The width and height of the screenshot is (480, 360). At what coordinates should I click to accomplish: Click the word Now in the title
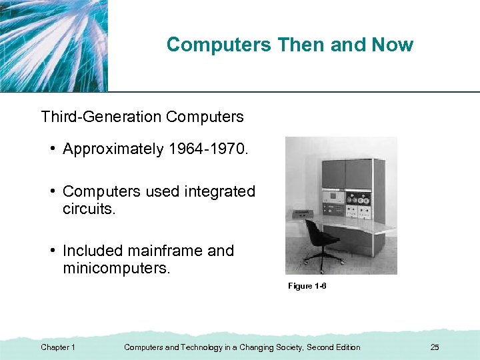(393, 45)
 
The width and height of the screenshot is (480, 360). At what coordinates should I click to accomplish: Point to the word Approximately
(112, 149)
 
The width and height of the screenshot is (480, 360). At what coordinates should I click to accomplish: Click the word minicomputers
(116, 268)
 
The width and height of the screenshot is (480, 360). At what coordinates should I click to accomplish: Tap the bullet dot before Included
(51, 251)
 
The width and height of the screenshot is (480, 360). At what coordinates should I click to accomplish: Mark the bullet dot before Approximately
(51, 149)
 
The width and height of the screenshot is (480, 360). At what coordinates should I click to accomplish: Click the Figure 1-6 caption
(307, 286)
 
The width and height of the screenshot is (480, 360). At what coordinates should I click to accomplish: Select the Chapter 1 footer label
(58, 347)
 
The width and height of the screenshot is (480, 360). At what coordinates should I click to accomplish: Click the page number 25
(435, 347)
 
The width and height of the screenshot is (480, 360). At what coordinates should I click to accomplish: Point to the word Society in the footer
(287, 347)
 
